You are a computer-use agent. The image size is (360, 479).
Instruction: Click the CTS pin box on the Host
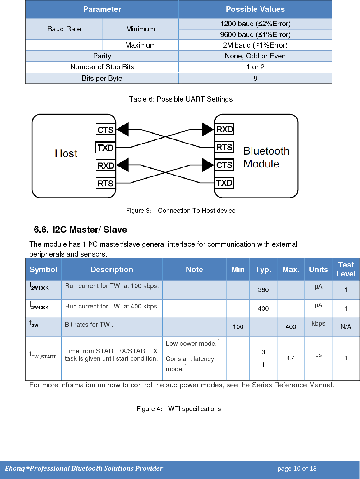click(105, 130)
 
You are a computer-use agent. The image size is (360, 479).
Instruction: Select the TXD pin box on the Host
click(105, 148)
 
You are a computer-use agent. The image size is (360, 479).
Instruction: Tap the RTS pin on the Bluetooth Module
click(224, 147)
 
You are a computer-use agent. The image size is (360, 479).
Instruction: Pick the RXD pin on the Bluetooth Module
click(224, 129)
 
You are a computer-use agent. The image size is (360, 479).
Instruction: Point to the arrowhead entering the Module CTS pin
click(208, 165)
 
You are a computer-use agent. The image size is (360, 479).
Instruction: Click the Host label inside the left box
click(66, 153)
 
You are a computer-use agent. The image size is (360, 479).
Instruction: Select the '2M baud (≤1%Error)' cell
click(255, 45)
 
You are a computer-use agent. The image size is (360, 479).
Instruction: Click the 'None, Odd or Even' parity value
click(255, 56)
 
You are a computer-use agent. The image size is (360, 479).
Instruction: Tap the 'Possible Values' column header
click(255, 9)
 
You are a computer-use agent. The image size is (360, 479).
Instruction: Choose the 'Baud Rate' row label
click(64, 29)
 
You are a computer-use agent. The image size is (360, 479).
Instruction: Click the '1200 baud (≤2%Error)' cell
click(255, 24)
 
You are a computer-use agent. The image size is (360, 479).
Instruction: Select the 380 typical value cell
click(263, 290)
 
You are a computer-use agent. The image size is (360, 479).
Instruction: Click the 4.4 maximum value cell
click(291, 358)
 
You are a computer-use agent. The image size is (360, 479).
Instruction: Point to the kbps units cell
click(318, 323)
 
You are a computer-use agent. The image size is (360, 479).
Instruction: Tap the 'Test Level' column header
click(346, 269)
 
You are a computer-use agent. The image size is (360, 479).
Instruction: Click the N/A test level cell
click(346, 327)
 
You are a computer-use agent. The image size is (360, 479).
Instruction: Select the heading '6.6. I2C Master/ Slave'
click(81, 230)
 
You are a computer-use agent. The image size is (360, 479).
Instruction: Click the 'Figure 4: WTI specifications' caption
click(179, 409)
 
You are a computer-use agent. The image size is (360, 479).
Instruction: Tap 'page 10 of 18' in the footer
click(297, 468)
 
